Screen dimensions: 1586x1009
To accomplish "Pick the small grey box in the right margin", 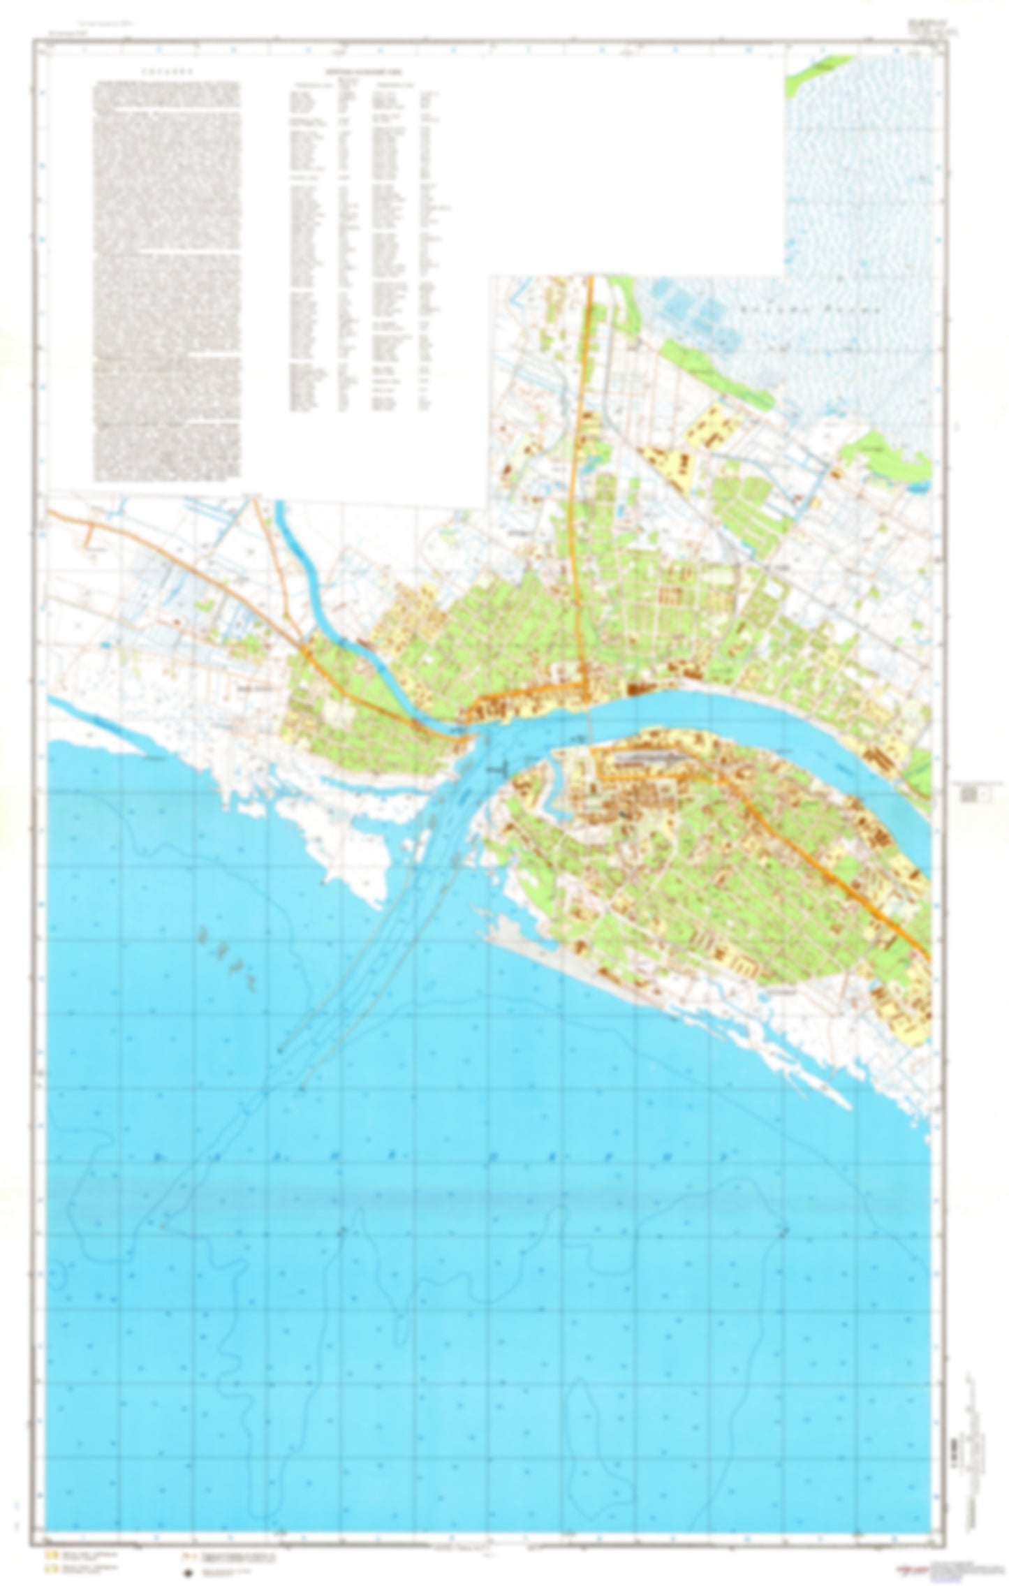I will coord(969,794).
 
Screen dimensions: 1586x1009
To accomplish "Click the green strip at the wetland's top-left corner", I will coord(814,71).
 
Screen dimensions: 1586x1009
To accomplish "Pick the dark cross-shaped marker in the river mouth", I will coord(496,768).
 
